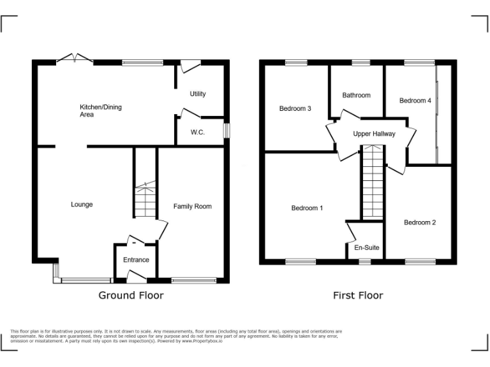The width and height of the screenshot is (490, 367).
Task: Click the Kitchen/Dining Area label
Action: (x=100, y=111)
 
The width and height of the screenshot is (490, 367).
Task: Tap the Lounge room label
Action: (x=82, y=205)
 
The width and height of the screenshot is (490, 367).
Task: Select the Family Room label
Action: (x=193, y=206)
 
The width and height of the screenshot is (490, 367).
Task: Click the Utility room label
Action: (x=198, y=94)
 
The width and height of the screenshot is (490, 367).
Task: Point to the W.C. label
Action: (x=198, y=133)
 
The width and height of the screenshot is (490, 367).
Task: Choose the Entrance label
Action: (x=136, y=260)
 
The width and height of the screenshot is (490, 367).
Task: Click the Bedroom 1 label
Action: (x=307, y=208)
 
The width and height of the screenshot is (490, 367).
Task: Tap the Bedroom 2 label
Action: (x=420, y=222)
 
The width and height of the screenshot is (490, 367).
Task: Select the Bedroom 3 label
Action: (x=295, y=109)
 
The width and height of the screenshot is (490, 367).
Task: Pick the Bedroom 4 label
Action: (x=415, y=101)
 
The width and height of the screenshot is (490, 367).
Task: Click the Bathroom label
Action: (x=356, y=96)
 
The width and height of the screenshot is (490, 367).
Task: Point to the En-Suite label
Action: (x=365, y=247)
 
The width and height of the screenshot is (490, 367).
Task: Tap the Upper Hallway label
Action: (x=375, y=134)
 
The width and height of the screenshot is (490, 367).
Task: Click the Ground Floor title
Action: (x=131, y=295)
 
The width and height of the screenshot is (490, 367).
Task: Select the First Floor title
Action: (x=358, y=295)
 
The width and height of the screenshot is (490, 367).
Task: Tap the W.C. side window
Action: (x=226, y=130)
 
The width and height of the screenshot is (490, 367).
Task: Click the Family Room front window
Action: (x=194, y=280)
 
